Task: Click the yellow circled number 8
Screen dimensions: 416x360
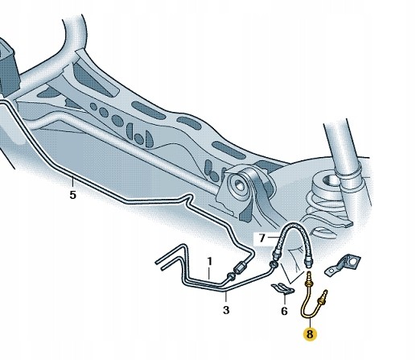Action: click(x=310, y=334)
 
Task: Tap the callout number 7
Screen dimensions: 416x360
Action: click(x=262, y=238)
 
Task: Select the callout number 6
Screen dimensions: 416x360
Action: click(x=284, y=311)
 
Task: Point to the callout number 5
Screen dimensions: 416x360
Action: click(x=72, y=195)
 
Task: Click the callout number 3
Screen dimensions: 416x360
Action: click(x=226, y=310)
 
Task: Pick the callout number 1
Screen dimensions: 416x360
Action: click(x=209, y=262)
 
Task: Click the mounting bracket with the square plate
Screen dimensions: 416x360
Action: click(x=344, y=265)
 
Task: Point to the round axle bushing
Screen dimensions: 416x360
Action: click(x=238, y=184)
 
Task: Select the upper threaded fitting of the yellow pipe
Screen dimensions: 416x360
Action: click(x=309, y=279)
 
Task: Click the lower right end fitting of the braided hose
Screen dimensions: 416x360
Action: click(x=309, y=262)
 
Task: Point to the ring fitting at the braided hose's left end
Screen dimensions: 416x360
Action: click(x=274, y=265)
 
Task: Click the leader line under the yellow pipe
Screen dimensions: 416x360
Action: click(x=310, y=322)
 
